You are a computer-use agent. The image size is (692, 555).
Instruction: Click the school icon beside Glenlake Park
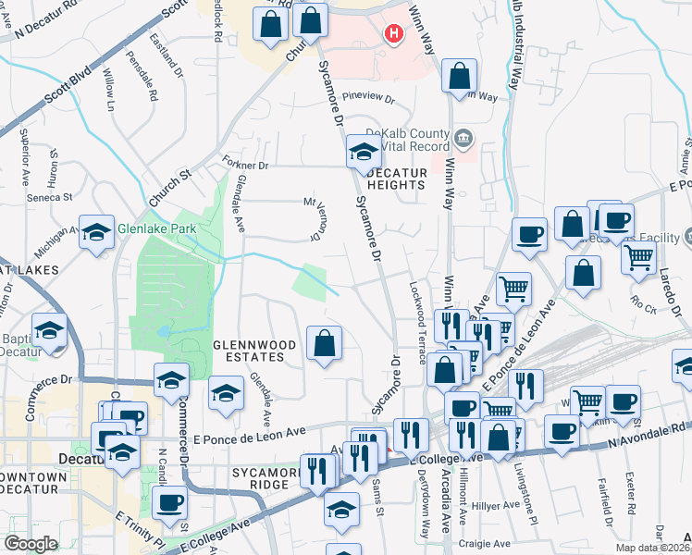pyautogui.click(x=96, y=234)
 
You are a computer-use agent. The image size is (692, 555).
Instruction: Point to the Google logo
pyautogui.click(x=31, y=544)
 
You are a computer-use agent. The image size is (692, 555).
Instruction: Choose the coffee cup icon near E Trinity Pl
pyautogui.click(x=169, y=503)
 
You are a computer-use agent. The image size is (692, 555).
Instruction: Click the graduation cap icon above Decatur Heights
pyautogui.click(x=364, y=152)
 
